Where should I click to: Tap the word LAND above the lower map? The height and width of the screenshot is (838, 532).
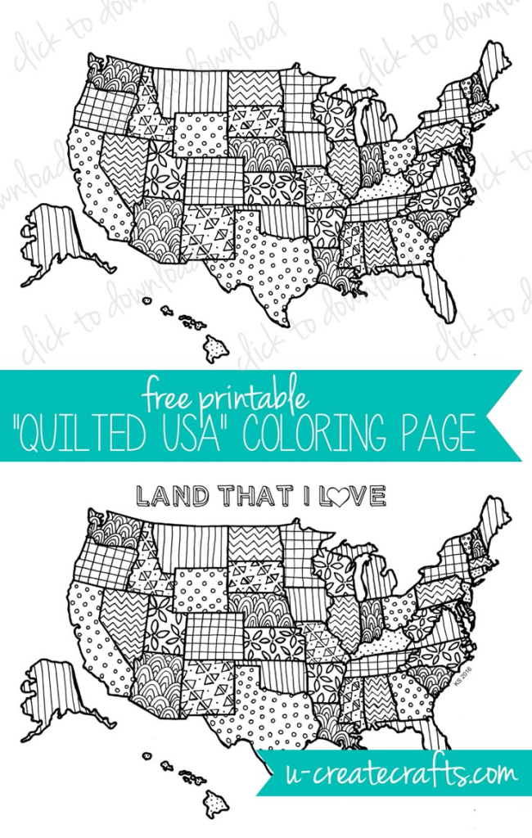tap(167, 495)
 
